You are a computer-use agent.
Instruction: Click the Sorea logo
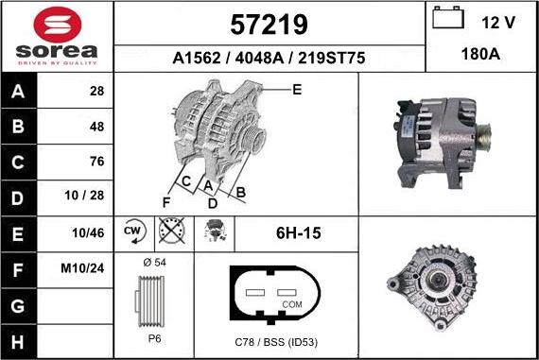coord(57,36)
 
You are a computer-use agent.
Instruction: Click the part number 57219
coord(269,23)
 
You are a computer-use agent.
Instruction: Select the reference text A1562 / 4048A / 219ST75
coord(269,58)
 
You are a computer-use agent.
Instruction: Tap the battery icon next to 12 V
coord(447,19)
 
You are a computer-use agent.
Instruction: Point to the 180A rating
coord(481,56)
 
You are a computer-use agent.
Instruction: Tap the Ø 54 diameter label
coord(153,261)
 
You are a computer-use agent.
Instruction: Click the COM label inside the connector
coord(293,304)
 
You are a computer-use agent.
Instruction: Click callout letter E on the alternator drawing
coord(296,90)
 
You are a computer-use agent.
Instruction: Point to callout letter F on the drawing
coord(165,201)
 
